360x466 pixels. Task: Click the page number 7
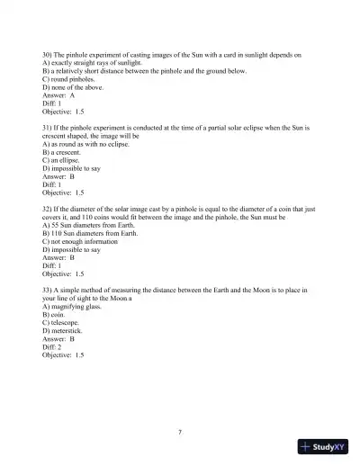coord(180,431)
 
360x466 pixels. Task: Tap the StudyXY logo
coord(324,446)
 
